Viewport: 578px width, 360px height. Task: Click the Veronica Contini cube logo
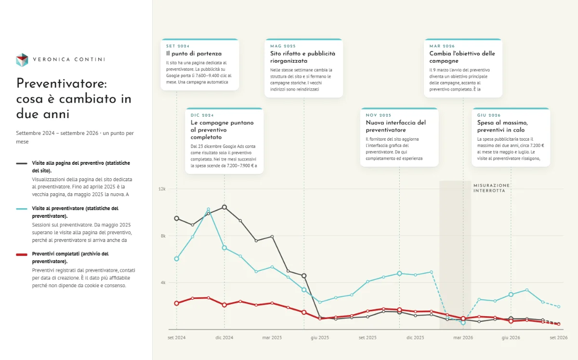[22, 60]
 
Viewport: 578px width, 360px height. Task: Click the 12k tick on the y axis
[162, 189]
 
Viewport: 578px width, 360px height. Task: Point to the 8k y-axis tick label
[163, 236]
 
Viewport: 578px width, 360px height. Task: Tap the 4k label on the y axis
[163, 282]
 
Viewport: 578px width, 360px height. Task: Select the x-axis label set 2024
[176, 337]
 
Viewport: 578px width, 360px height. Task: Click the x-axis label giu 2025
[320, 337]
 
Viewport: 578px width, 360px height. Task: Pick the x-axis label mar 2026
[463, 337]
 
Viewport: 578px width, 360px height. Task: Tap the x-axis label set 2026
[559, 337]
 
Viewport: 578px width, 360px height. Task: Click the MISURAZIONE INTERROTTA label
[492, 188]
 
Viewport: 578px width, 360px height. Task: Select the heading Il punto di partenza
[194, 53]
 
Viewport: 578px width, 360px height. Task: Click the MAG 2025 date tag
[283, 46]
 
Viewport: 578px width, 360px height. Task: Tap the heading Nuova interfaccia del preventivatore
[395, 126]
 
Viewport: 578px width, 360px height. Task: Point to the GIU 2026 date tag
[489, 115]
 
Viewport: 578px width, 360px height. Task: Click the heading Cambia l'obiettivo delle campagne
[462, 57]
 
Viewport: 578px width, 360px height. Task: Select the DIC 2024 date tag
[202, 115]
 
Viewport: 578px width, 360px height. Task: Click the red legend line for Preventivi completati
[22, 254]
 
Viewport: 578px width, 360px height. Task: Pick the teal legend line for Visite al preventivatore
[22, 209]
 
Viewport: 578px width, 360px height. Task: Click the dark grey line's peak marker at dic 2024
[224, 207]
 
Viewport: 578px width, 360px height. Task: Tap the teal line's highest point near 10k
[209, 209]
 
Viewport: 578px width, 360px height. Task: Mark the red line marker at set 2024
[176, 303]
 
